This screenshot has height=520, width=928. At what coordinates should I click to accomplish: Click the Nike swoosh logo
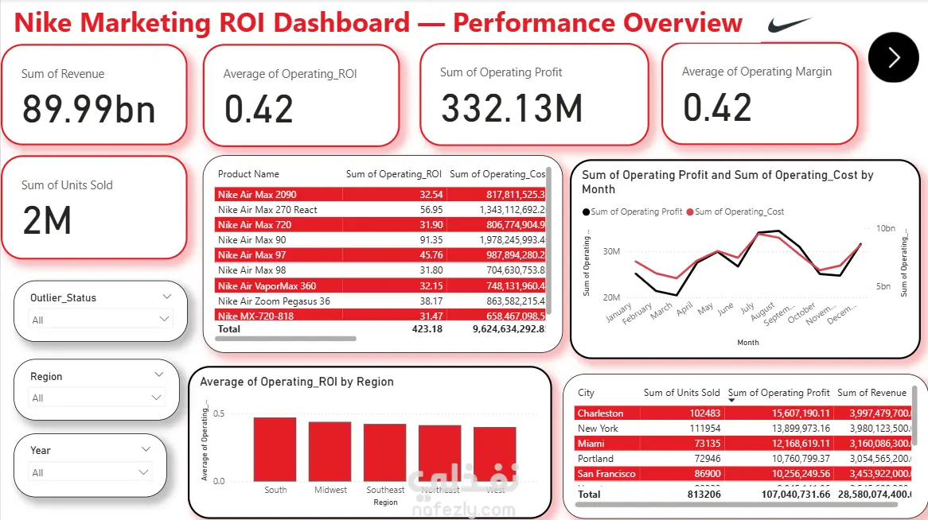[790, 25]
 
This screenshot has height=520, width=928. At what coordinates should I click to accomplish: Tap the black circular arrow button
[893, 57]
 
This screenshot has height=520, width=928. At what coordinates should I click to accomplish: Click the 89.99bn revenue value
[88, 110]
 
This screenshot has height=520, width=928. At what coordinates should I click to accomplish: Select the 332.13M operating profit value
[512, 109]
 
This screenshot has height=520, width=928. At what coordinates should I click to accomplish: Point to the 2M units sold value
[47, 220]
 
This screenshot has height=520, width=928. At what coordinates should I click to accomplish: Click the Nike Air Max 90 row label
[252, 240]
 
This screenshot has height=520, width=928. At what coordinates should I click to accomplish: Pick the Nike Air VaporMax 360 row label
[267, 286]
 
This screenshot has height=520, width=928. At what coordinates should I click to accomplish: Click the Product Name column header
[248, 174]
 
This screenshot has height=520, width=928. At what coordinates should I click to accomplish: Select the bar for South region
[275, 448]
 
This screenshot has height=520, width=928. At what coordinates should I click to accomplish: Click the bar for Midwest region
[329, 451]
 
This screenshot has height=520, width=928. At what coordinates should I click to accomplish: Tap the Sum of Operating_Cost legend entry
[739, 211]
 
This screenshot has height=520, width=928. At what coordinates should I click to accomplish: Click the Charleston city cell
[601, 413]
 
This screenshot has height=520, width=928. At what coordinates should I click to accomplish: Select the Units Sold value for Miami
[703, 444]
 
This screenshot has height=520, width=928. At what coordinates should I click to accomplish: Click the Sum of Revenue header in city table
[871, 393]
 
